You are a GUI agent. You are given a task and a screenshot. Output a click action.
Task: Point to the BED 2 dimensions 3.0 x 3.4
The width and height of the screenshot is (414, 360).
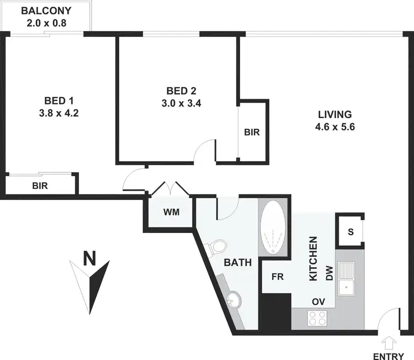click(181, 102)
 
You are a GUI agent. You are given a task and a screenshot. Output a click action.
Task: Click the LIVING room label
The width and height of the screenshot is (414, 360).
click(335, 115)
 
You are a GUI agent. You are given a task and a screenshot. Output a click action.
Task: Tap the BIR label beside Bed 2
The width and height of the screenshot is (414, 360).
click(252, 133)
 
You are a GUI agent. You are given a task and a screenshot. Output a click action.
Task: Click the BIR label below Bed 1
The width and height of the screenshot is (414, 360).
click(40, 186)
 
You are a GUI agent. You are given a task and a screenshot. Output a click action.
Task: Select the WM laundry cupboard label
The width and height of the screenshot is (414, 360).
click(170, 212)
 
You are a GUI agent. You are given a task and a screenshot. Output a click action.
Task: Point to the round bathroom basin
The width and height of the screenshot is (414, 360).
click(233, 299)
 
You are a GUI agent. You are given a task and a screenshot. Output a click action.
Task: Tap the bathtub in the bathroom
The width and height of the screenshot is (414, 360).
click(273, 227)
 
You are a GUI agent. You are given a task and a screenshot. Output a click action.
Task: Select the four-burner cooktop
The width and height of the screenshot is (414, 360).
click(317, 318)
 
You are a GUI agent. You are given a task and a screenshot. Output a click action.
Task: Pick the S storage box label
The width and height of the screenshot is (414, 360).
click(350, 232)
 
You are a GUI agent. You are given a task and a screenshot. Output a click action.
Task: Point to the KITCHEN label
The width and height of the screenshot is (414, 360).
click(313, 259)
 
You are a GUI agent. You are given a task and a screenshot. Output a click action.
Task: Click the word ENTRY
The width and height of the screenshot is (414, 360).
click(389, 356)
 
